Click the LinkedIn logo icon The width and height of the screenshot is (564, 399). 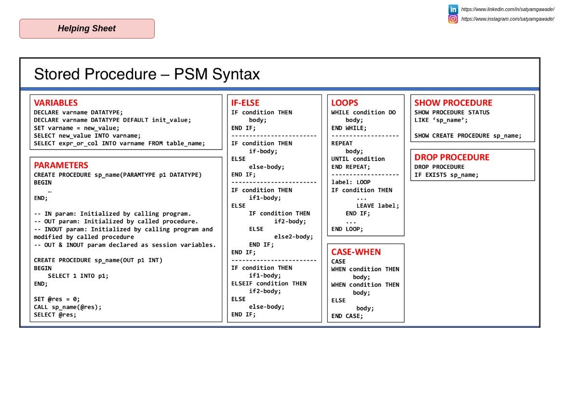(x=453, y=9)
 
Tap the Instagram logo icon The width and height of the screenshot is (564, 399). (x=453, y=19)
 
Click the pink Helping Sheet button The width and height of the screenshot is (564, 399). (x=87, y=28)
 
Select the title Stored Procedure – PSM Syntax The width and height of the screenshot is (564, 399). (x=147, y=74)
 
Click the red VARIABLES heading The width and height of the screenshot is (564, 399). (x=55, y=103)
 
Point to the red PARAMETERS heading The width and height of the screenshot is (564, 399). (x=61, y=165)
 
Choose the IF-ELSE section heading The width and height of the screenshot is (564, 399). (x=245, y=103)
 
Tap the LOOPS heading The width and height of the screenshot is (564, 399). (x=344, y=103)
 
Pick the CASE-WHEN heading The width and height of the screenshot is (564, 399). (x=356, y=252)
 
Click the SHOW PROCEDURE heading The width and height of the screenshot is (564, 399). (x=453, y=103)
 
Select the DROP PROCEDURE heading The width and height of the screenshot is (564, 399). (x=452, y=157)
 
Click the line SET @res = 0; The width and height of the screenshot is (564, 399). (x=57, y=299)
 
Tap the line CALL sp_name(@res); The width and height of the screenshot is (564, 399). (x=67, y=307)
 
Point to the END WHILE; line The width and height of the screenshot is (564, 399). (x=349, y=128)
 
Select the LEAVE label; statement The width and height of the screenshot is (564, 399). (x=377, y=206)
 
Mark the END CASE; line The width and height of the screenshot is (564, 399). (x=347, y=316)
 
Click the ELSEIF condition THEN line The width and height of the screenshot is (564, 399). (x=269, y=283)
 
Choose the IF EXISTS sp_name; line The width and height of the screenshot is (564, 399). (x=446, y=175)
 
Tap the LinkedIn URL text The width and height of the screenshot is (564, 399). (x=508, y=9)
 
